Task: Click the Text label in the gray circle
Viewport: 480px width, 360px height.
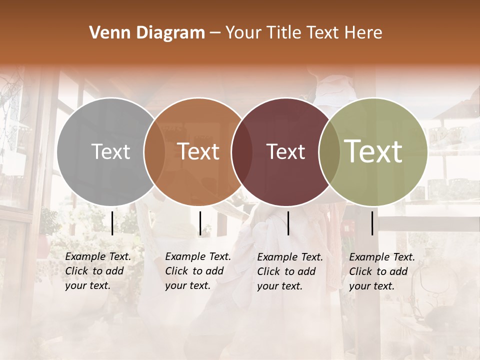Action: click(x=110, y=151)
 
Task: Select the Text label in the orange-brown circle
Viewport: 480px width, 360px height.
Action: click(x=198, y=151)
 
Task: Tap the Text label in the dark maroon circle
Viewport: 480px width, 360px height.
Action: click(x=285, y=151)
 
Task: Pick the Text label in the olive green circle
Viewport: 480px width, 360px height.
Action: click(x=373, y=151)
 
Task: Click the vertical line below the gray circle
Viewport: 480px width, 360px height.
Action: click(x=112, y=223)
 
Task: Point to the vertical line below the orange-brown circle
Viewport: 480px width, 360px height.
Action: click(x=200, y=223)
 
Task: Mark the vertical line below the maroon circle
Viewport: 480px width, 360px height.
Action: click(x=288, y=223)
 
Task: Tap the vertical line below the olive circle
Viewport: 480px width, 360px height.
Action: click(x=372, y=223)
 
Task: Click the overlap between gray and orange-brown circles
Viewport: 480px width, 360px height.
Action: click(x=154, y=151)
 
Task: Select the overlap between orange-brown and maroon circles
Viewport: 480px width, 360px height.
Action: click(x=241, y=151)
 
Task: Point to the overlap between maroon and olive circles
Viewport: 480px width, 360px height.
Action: click(x=329, y=151)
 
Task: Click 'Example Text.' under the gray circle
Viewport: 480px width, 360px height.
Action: click(x=98, y=256)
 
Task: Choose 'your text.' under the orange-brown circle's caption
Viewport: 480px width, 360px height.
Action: click(x=187, y=285)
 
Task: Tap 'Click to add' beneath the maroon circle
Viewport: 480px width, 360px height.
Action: click(x=286, y=271)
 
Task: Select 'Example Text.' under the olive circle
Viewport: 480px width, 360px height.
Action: click(x=382, y=257)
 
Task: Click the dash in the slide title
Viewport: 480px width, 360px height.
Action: click(x=215, y=33)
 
